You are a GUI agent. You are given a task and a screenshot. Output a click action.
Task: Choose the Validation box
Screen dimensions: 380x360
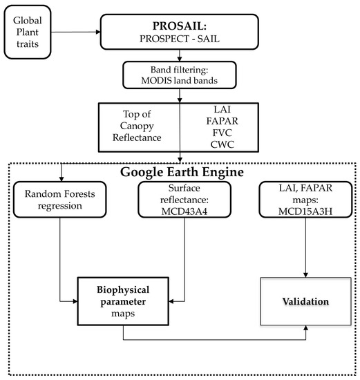tap(305, 302)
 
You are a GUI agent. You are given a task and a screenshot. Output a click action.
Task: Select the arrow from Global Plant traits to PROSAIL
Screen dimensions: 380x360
tap(76, 32)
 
